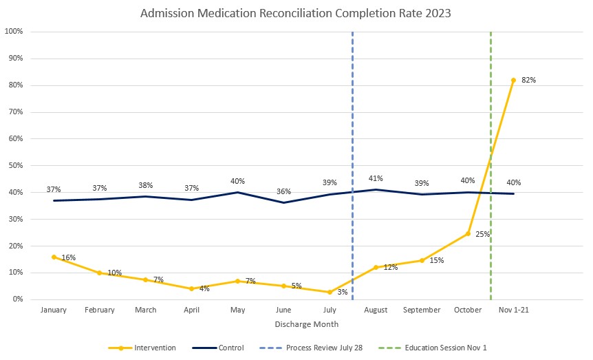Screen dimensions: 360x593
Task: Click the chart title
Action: (296, 13)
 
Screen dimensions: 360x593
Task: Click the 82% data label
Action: (529, 80)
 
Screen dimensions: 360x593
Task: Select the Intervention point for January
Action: (54, 257)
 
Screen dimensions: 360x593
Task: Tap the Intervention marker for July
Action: (330, 292)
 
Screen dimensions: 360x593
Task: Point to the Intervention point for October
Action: (468, 233)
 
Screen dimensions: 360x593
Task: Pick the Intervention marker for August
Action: (376, 267)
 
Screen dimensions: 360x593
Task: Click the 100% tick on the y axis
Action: (14, 32)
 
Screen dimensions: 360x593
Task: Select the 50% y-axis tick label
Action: (16, 166)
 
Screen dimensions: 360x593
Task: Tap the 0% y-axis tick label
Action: (18, 299)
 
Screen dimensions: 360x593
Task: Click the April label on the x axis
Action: (192, 310)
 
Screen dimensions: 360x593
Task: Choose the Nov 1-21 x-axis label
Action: (514, 310)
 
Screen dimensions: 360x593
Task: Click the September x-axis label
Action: (422, 310)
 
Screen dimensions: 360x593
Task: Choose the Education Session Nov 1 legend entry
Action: (433, 348)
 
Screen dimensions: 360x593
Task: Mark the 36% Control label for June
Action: (284, 191)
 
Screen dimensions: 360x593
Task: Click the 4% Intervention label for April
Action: (204, 288)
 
